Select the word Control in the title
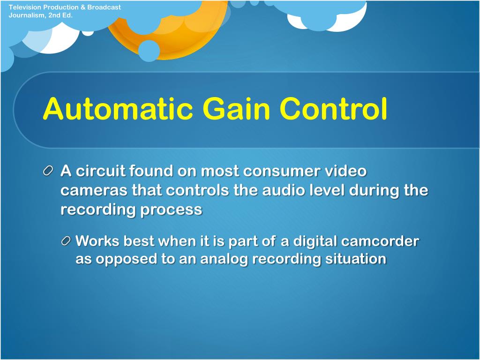(x=333, y=109)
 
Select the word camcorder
(x=380, y=241)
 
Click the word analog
(x=223, y=259)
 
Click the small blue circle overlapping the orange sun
(x=149, y=51)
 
